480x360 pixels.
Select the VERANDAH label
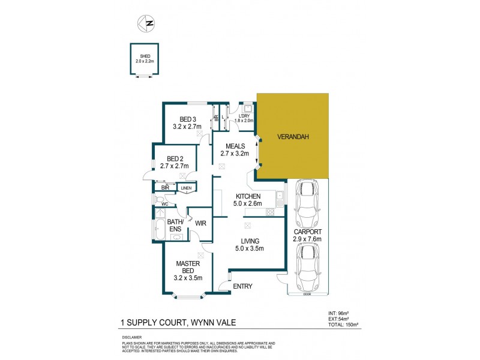pyautogui.click(x=293, y=137)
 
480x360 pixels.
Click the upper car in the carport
pyautogui.click(x=307, y=202)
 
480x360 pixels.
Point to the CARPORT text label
pyautogui.click(x=307, y=232)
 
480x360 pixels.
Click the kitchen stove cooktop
pyautogui.click(x=270, y=212)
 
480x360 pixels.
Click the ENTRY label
pyautogui.click(x=243, y=286)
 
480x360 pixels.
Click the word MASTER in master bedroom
pyautogui.click(x=187, y=263)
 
